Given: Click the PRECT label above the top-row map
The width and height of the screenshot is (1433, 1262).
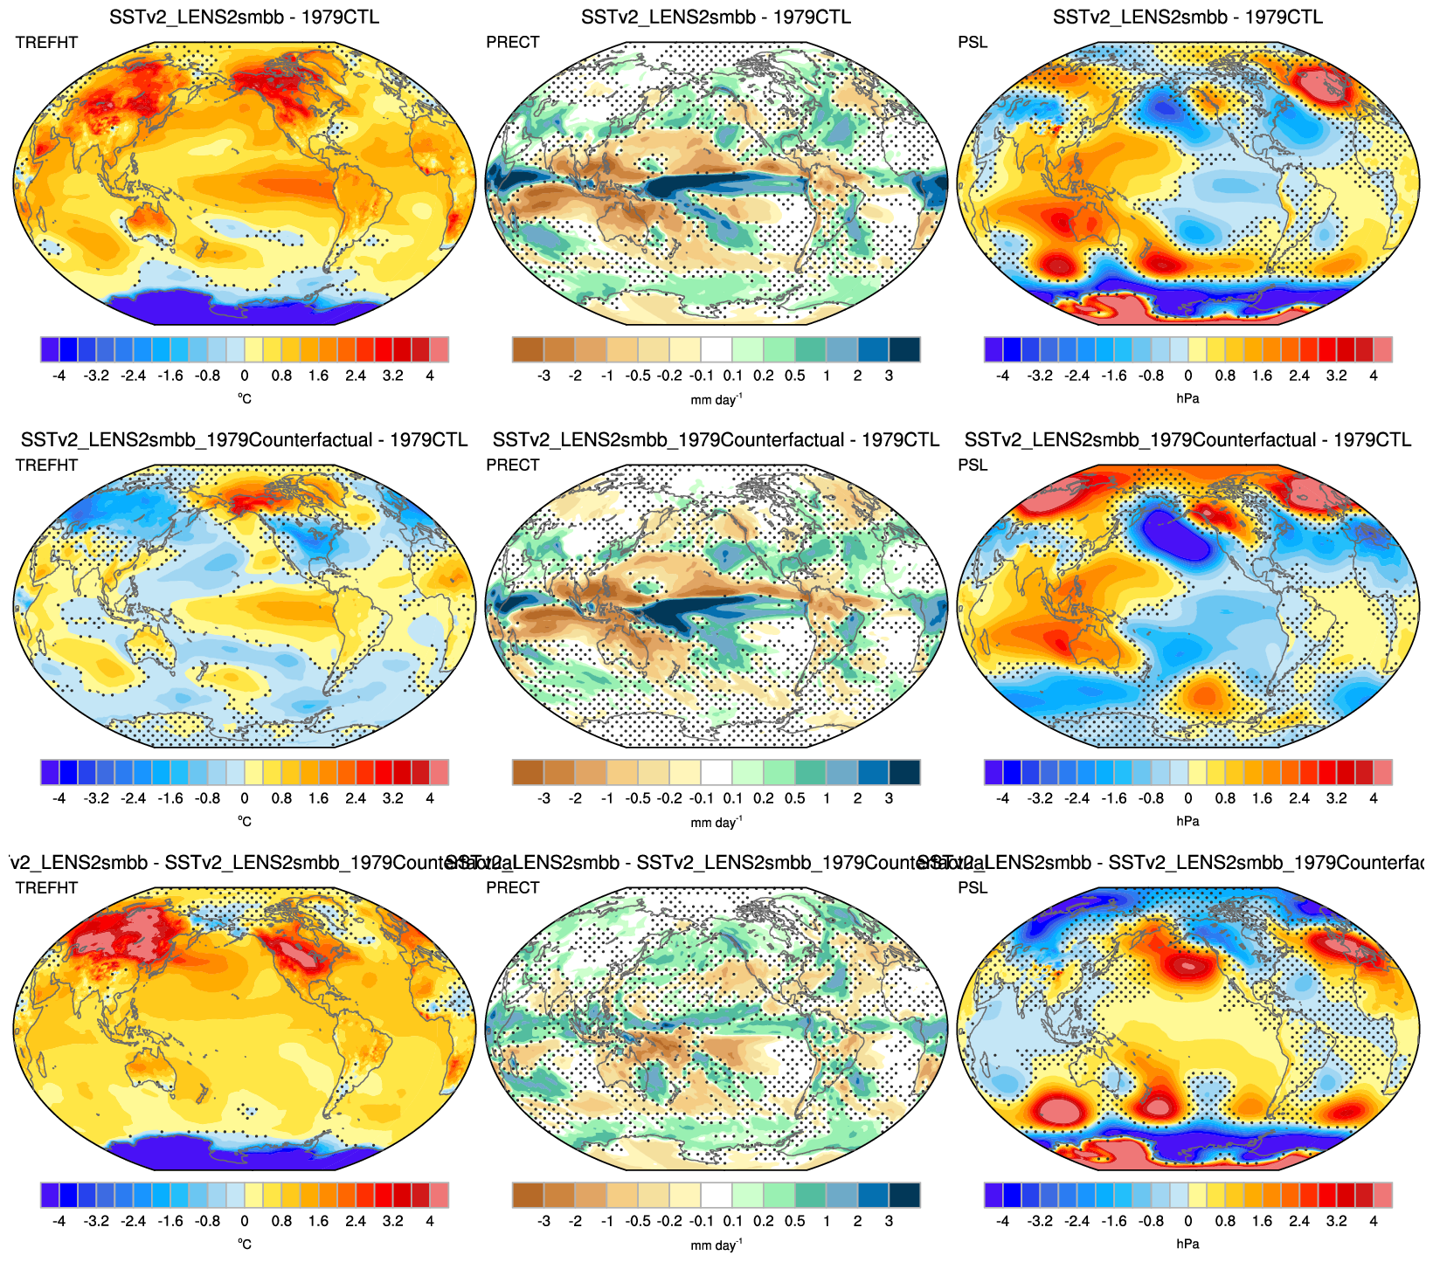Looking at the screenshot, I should coord(513,42).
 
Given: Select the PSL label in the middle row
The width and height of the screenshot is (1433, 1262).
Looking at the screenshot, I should coord(973,465).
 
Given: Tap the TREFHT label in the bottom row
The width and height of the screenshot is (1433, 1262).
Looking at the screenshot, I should coord(46,887).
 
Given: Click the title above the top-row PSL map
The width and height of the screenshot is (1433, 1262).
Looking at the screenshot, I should coord(1187,17).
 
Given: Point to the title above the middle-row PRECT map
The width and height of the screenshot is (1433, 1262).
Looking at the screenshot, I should coord(716,439).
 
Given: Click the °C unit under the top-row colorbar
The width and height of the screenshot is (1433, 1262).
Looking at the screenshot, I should coord(245,398).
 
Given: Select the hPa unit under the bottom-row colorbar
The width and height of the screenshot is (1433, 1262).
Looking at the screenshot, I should coord(1187,1244).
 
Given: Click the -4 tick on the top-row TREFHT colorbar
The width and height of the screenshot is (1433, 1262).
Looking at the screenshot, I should coord(59,376).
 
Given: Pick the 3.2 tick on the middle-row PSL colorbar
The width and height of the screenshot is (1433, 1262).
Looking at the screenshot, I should coord(1337,798).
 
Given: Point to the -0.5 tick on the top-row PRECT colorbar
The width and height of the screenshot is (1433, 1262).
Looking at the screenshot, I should coord(639,376).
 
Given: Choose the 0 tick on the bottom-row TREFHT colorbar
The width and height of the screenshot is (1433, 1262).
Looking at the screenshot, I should coord(245,1221).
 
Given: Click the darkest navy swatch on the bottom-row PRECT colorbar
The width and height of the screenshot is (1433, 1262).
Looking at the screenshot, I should coord(904,1195).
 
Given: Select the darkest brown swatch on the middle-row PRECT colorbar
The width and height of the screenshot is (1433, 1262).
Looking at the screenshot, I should coord(528,772).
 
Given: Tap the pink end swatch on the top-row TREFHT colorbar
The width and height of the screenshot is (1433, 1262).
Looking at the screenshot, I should coord(439,349).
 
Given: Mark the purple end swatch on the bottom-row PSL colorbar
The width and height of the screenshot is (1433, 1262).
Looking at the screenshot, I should coord(993,1195).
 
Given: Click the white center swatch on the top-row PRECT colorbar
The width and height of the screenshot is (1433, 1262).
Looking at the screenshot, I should coord(716,349).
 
